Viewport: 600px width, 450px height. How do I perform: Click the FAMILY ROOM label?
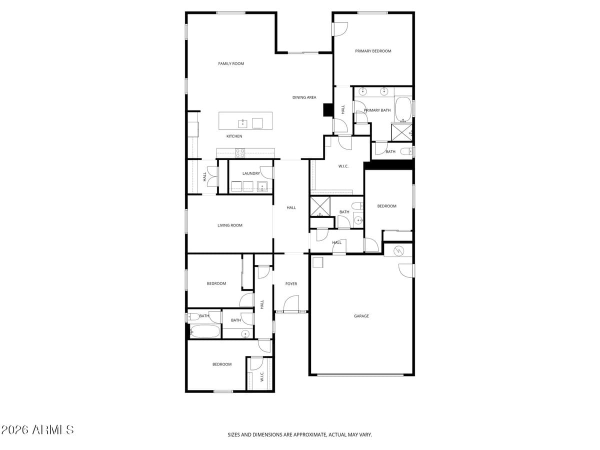pyautogui.click(x=231, y=63)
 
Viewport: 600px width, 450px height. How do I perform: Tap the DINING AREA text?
pyautogui.click(x=304, y=97)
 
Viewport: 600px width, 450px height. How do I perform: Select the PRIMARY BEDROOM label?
pyautogui.click(x=373, y=51)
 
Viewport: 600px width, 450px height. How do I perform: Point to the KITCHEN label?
pyautogui.click(x=234, y=136)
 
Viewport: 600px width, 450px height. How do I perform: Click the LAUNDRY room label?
pyautogui.click(x=251, y=173)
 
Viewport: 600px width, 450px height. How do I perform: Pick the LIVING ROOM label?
pyautogui.click(x=230, y=225)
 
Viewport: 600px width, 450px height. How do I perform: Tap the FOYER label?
pyautogui.click(x=291, y=284)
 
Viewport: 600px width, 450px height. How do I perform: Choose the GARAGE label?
pyautogui.click(x=361, y=316)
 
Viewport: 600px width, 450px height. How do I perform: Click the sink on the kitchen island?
pyautogui.click(x=242, y=123)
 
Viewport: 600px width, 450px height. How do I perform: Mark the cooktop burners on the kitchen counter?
pyautogui.click(x=240, y=152)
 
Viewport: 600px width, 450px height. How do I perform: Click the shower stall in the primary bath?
pyautogui.click(x=401, y=131)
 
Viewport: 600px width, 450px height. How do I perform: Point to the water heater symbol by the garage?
pyautogui.click(x=399, y=250)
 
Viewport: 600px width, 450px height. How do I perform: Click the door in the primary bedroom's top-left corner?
pyautogui.click(x=339, y=29)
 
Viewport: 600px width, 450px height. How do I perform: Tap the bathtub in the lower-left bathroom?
pyautogui.click(x=204, y=331)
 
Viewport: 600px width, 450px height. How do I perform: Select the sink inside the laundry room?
pyautogui.click(x=262, y=187)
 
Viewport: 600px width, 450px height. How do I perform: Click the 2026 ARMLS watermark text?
pyautogui.click(x=37, y=430)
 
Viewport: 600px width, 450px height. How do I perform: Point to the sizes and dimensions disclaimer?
pyautogui.click(x=300, y=435)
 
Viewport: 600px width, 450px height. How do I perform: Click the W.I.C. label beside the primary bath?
pyautogui.click(x=343, y=166)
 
